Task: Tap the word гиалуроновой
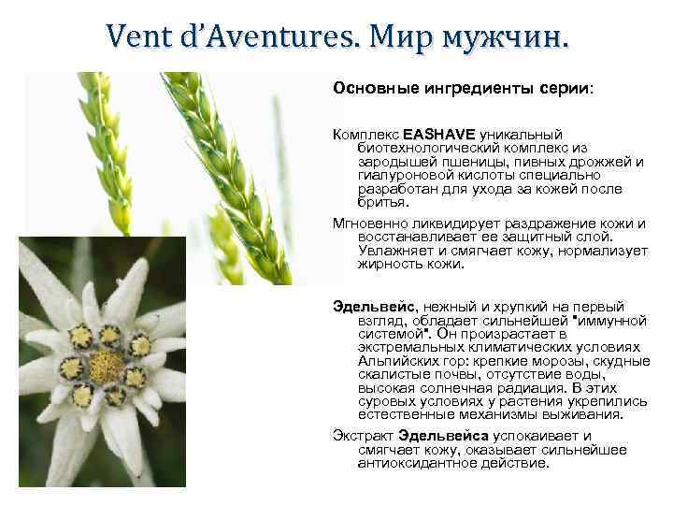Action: point(402,175)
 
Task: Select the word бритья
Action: point(382,201)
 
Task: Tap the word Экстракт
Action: point(364,436)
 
